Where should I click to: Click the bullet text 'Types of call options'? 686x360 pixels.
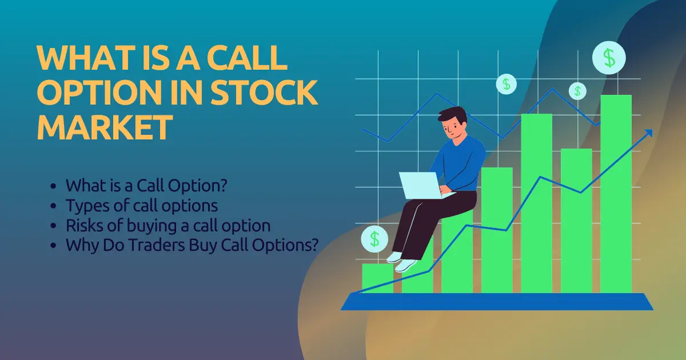point(142,205)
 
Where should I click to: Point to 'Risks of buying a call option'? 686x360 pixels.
point(167,225)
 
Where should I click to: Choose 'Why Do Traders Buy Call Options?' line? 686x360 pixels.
point(192,245)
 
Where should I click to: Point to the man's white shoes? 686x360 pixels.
point(401,262)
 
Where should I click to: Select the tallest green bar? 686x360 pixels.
point(616,194)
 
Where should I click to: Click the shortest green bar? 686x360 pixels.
point(377,278)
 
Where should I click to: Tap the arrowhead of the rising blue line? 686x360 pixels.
point(648,133)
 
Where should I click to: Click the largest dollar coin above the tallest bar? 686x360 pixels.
point(609,57)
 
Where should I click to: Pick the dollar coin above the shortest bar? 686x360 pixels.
point(374,238)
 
